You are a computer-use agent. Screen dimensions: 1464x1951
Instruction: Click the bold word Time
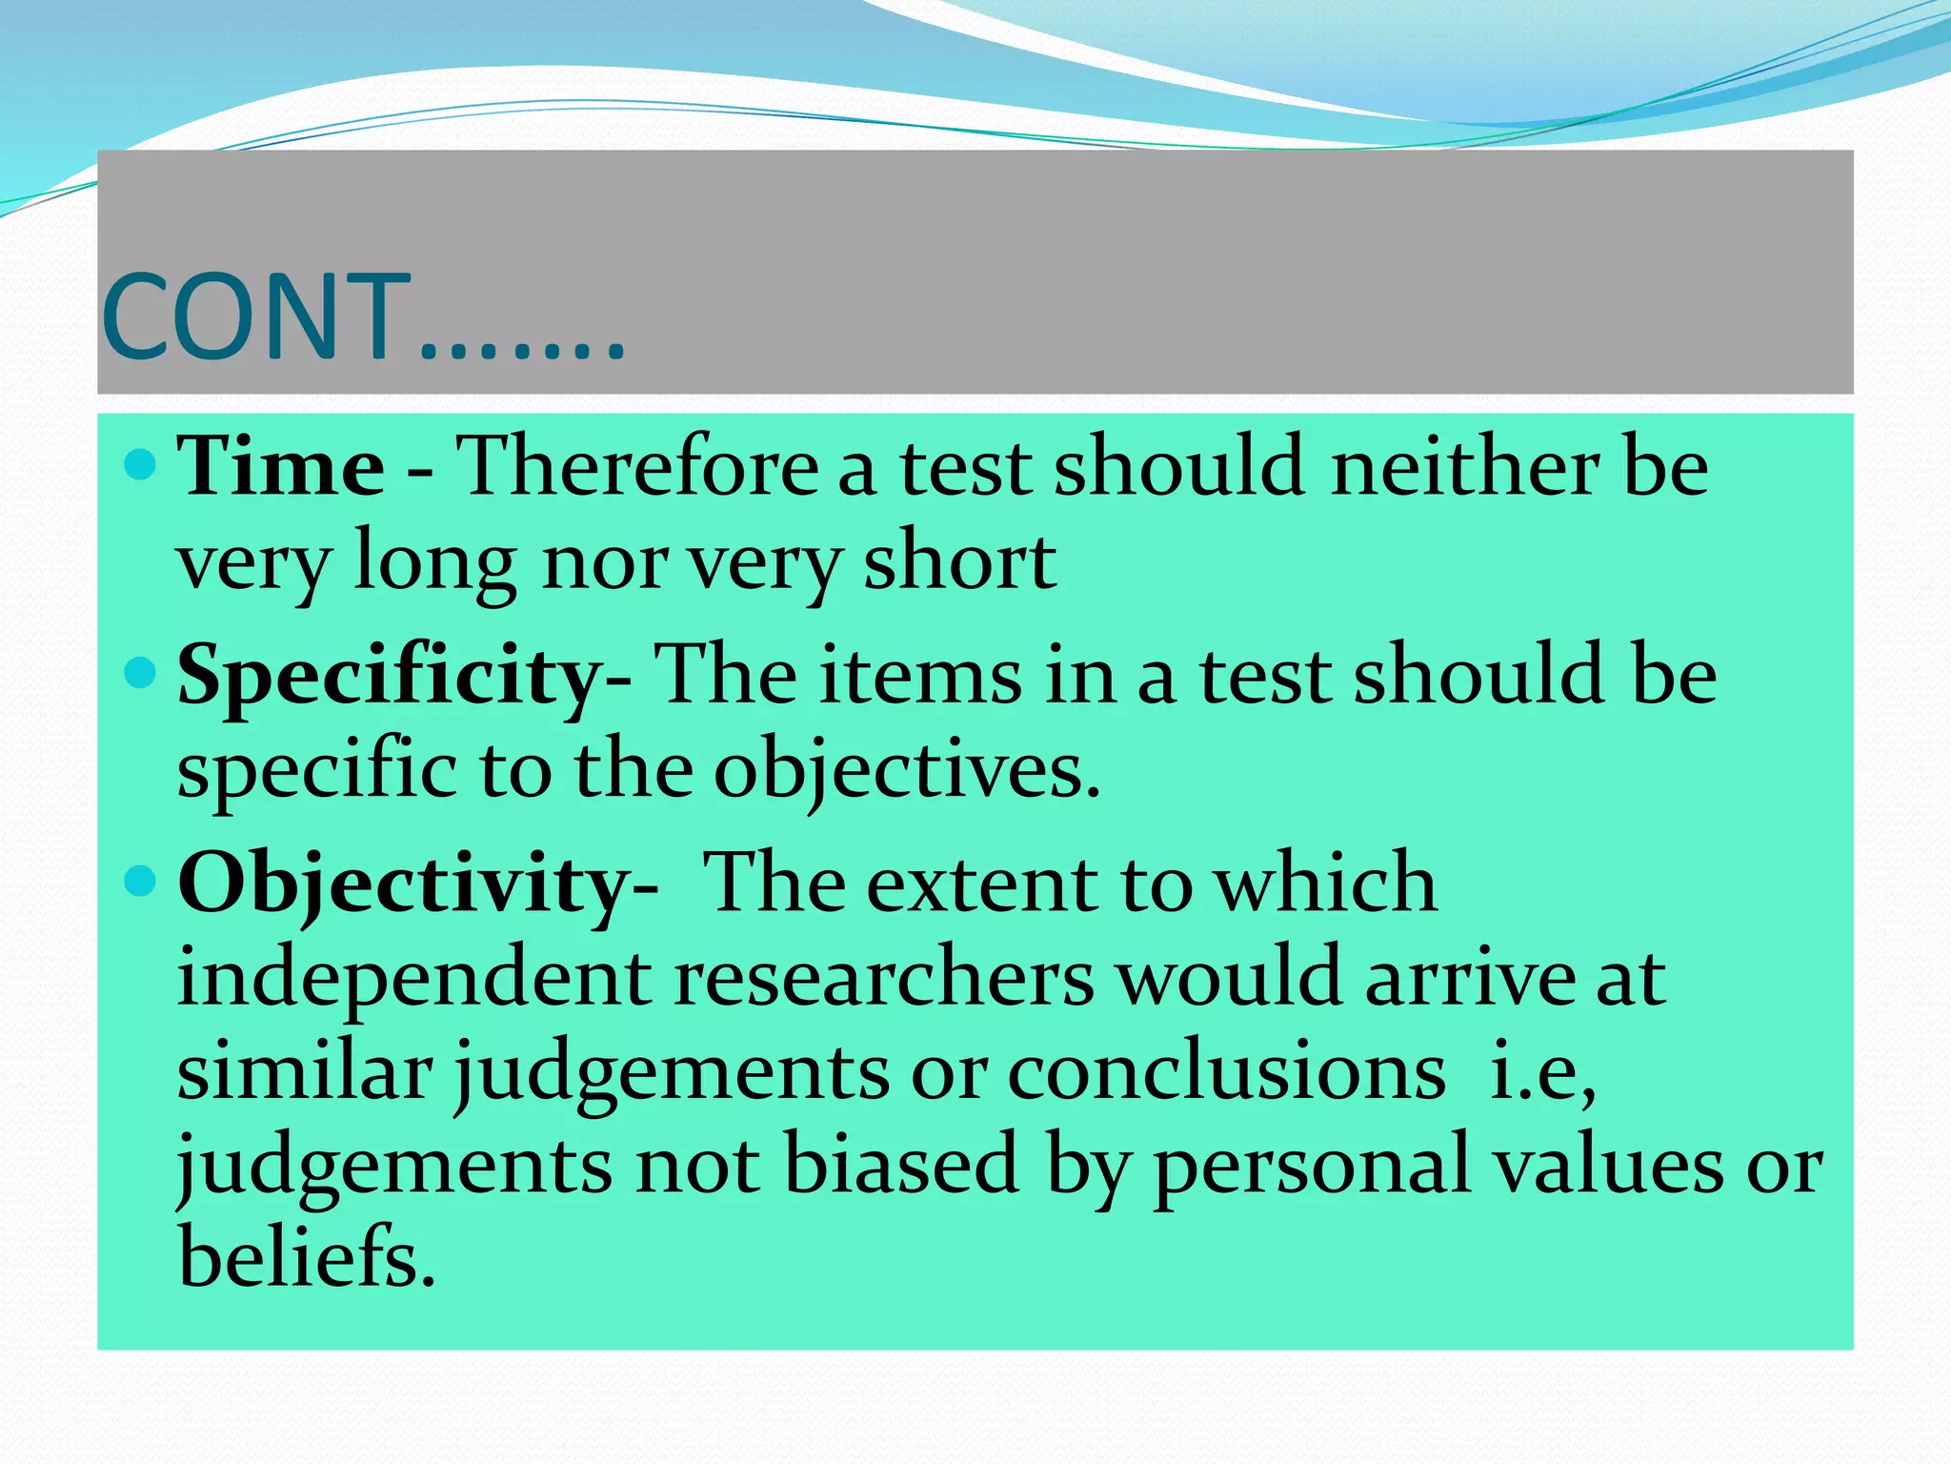(281, 467)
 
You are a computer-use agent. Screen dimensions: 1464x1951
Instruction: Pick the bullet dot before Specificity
(140, 674)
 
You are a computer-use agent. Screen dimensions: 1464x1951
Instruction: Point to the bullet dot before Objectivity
(140, 882)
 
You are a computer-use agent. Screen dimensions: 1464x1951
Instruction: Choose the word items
(920, 675)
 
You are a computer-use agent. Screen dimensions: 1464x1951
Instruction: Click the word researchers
(884, 978)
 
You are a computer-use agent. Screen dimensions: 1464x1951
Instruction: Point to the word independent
(414, 978)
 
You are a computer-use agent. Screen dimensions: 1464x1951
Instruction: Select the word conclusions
(1226, 1072)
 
